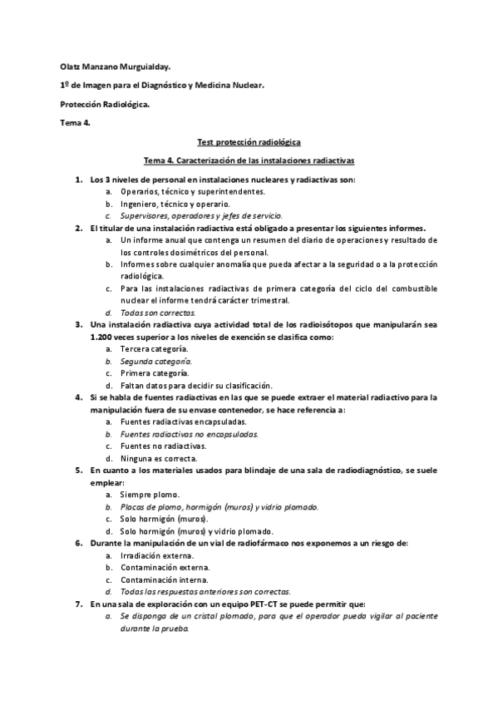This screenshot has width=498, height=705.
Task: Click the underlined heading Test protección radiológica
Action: (249, 142)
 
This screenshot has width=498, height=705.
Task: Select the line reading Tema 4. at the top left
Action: (76, 123)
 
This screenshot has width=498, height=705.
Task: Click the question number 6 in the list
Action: (77, 543)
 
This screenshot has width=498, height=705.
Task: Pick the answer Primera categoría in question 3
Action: (154, 373)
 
